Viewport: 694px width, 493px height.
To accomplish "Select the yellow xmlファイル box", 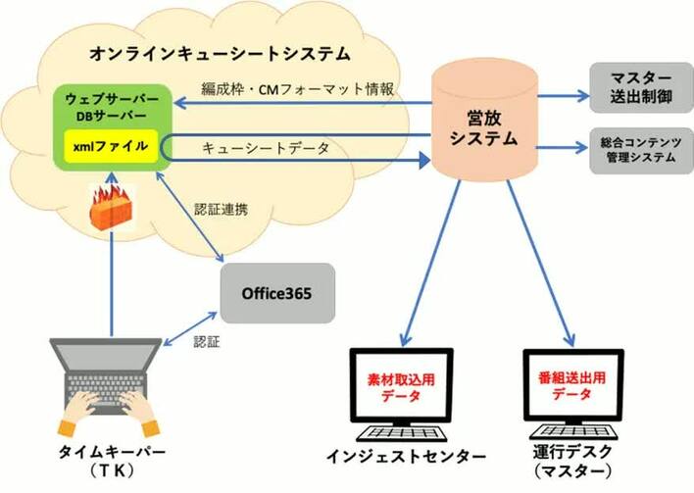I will tap(108, 146).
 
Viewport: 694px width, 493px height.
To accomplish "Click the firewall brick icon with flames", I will tap(108, 205).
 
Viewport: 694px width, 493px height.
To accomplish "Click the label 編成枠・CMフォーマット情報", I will tap(297, 88).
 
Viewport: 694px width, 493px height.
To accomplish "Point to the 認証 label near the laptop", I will tap(206, 342).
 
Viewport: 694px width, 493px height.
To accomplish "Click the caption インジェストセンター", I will tap(406, 457).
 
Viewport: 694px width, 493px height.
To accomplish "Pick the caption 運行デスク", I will tap(573, 452).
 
